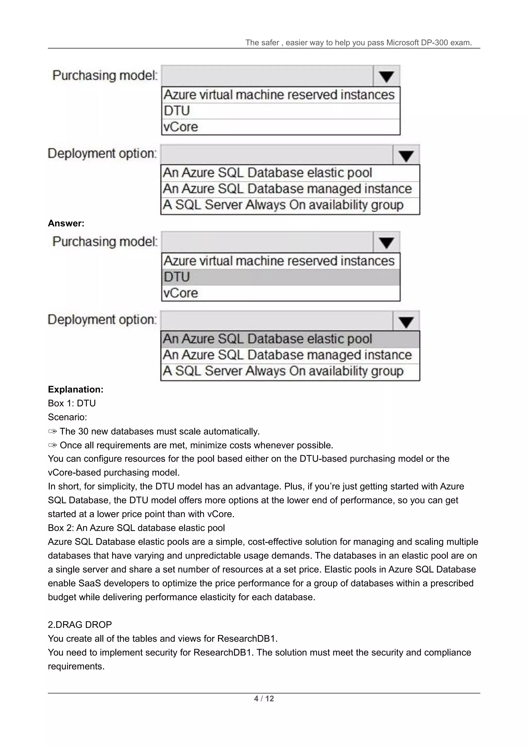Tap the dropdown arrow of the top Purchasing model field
tap(386, 76)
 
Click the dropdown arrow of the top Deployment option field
tap(406, 155)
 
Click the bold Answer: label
tap(66, 223)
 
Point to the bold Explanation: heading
tap(76, 389)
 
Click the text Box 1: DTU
tap(71, 403)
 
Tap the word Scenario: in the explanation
tap(67, 417)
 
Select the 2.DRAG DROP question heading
tap(80, 624)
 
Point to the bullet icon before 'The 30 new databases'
tap(52, 432)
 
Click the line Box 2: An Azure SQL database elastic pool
tap(136, 528)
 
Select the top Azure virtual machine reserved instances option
tap(279, 95)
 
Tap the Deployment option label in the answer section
tap(102, 320)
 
